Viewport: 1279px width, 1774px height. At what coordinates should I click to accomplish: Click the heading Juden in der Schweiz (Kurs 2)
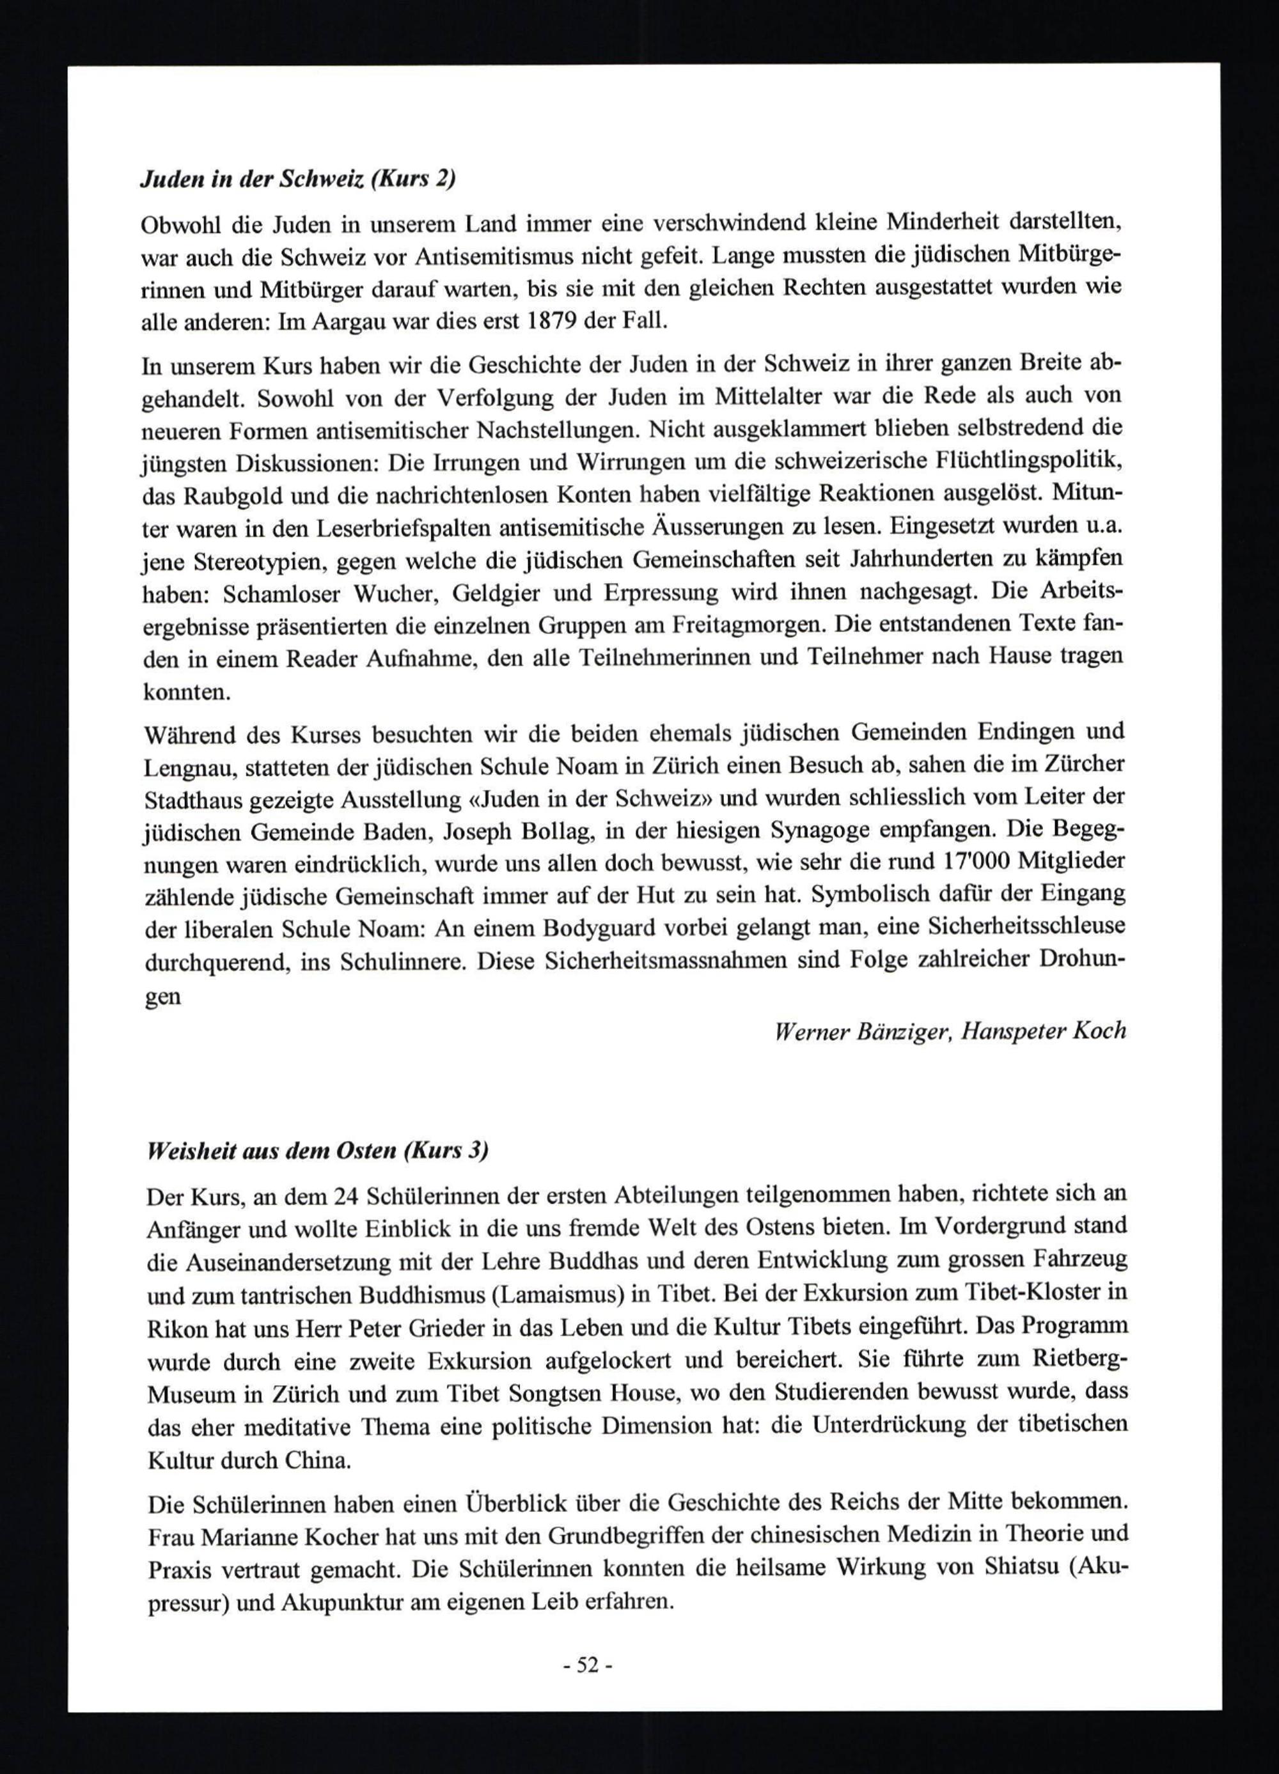297,180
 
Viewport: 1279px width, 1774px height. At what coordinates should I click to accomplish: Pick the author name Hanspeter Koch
1044,1031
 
